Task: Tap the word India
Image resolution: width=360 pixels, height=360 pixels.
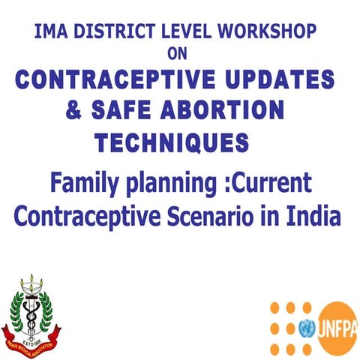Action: pyautogui.click(x=314, y=216)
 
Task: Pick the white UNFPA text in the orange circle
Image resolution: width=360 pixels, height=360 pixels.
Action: pyautogui.click(x=340, y=328)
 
